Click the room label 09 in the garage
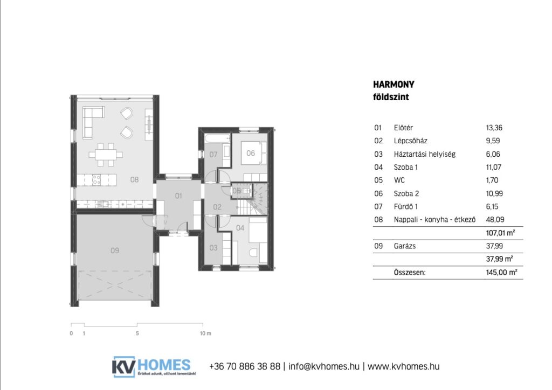115,250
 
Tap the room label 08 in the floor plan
134,180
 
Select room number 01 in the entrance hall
178,196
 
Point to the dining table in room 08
106,155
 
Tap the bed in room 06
253,154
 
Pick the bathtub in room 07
217,138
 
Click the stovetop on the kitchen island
96,180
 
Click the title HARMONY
394,85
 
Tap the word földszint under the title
391,97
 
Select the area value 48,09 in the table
495,220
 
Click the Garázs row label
404,246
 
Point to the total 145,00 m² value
502,272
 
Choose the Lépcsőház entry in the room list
410,141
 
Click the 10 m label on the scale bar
205,333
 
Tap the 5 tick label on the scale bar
137,333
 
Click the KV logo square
123,367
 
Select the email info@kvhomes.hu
324,366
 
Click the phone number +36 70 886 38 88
245,366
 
